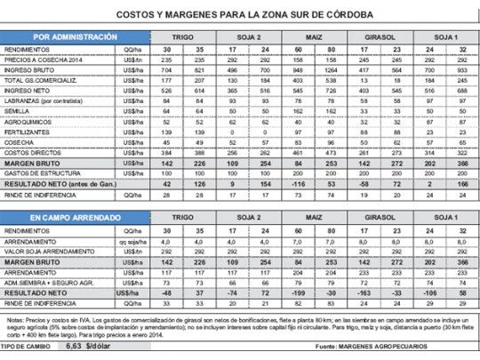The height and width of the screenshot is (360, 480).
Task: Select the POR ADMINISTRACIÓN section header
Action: pos(74,37)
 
